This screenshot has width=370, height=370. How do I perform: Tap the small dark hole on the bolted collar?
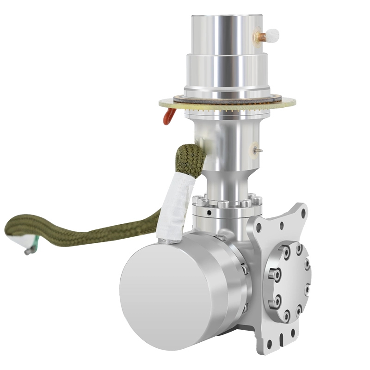pyautogui.click(x=210, y=213)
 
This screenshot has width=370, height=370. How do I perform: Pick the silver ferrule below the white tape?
pyautogui.click(x=167, y=240)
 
